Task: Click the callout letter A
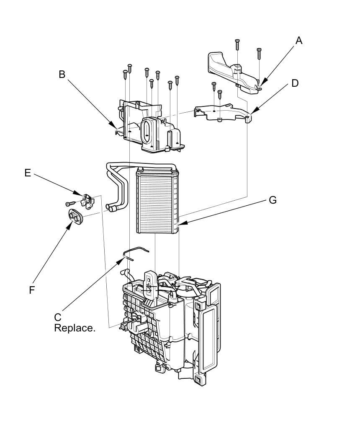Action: pyautogui.click(x=299, y=41)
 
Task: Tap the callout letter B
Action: pyautogui.click(x=62, y=74)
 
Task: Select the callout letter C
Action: pyautogui.click(x=58, y=317)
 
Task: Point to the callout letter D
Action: pyautogui.click(x=295, y=83)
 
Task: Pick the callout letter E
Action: pyautogui.click(x=28, y=173)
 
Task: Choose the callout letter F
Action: pyautogui.click(x=32, y=290)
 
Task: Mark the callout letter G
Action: pyautogui.click(x=273, y=200)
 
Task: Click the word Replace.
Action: pyautogui.click(x=75, y=328)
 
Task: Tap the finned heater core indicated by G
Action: pyautogui.click(x=157, y=201)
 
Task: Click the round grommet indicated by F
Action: pyautogui.click(x=76, y=216)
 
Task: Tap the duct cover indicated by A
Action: pyautogui.click(x=230, y=69)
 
